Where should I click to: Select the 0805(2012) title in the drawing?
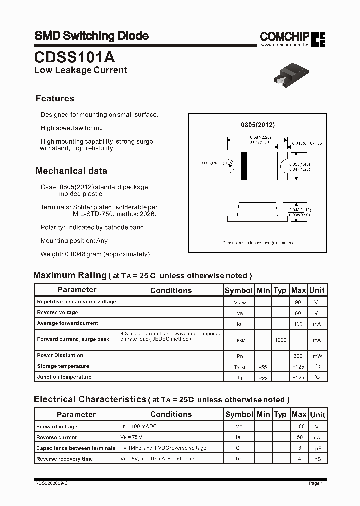coord(258,125)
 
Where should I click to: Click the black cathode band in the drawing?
coord(244,166)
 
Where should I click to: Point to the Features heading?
coord(55,98)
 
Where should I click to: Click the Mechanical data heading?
coord(71,171)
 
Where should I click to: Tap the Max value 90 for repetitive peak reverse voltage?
coord(298,302)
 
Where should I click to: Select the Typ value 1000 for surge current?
coord(280,339)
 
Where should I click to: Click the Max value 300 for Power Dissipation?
coord(298,356)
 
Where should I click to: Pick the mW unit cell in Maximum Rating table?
coord(317,356)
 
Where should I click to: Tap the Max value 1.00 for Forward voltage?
coord(299,427)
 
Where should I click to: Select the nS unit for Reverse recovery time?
coord(317,459)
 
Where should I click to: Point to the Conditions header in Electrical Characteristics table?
coord(171,414)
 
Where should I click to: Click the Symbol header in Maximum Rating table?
coord(239,290)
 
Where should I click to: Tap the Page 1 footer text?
coord(316,483)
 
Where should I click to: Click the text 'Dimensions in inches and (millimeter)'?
coord(257,243)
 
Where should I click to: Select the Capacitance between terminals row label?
coord(75,448)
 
